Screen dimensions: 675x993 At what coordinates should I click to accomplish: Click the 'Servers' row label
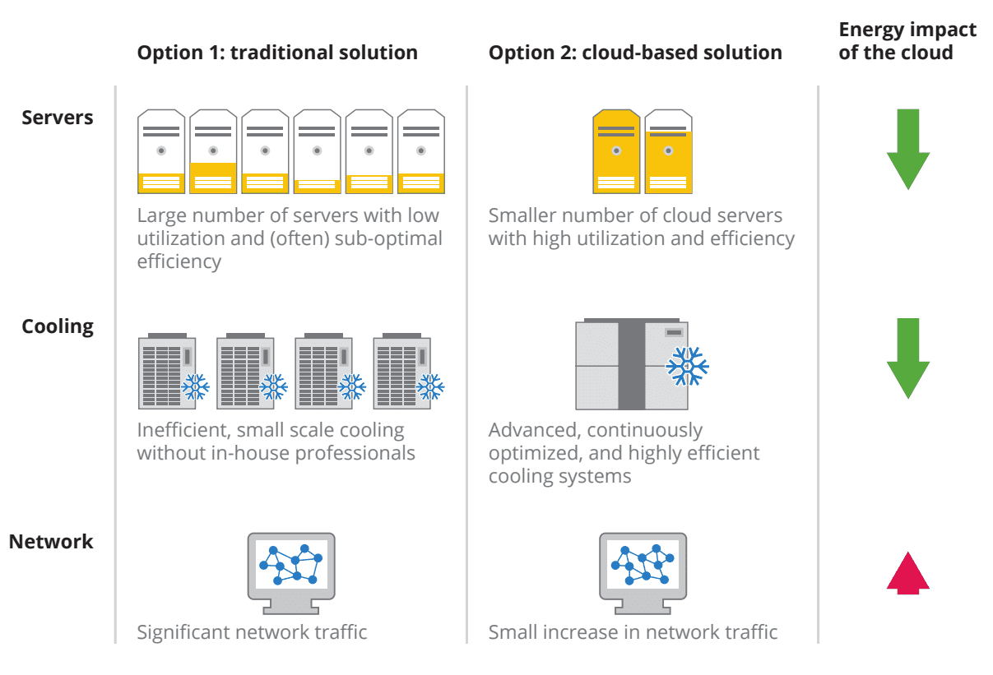click(58, 118)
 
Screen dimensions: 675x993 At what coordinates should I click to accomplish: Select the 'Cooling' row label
click(58, 327)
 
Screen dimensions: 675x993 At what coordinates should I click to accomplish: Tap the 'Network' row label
click(51, 542)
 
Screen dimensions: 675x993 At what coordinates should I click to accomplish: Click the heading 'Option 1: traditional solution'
click(277, 53)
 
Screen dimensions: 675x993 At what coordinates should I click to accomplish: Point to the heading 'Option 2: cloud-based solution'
click(635, 53)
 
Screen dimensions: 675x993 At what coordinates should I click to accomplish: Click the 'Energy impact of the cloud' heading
click(907, 41)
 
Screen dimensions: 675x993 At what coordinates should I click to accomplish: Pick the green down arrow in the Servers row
click(907, 149)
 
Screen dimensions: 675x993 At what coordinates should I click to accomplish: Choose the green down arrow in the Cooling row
click(907, 358)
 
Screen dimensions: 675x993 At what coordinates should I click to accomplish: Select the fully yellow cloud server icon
click(616, 151)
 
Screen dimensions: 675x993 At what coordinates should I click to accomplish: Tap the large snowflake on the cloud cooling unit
click(686, 366)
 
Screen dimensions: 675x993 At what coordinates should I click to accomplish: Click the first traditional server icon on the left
click(161, 151)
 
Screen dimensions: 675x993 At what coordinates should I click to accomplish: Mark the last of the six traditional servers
click(420, 151)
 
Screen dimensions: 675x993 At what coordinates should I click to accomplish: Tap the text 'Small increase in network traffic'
click(633, 632)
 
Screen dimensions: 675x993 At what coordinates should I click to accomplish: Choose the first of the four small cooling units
click(168, 371)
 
